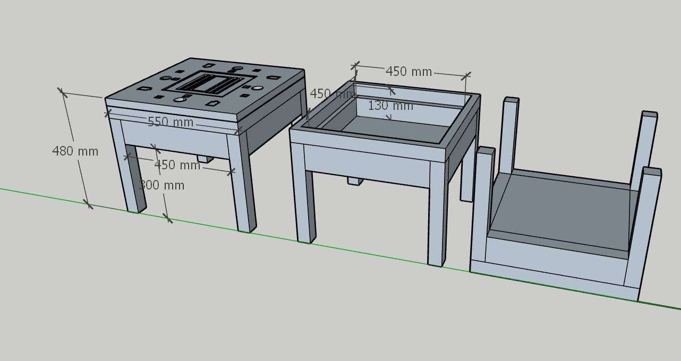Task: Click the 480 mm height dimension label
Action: (75, 151)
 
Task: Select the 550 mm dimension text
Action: (170, 122)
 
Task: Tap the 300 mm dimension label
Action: (161, 185)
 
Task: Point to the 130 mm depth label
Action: (390, 106)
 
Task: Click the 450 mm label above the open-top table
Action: (408, 71)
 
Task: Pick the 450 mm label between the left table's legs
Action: (177, 165)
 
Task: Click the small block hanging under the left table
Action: (205, 158)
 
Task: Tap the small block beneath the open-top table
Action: (355, 181)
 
